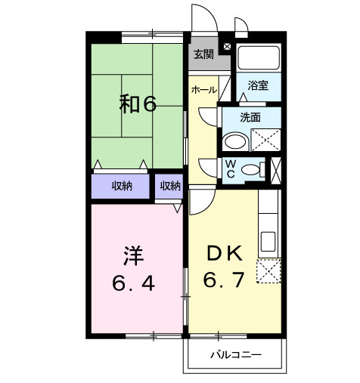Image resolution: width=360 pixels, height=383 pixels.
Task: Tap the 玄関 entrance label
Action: click(202, 54)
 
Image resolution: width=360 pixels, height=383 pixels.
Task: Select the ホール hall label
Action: click(203, 90)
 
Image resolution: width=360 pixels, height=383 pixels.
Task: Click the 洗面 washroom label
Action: click(250, 117)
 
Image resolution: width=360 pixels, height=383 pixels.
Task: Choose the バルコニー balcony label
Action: click(235, 354)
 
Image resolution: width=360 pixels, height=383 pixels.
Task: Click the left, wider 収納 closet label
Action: click(122, 186)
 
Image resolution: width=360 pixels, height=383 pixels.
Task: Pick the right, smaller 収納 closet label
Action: click(170, 186)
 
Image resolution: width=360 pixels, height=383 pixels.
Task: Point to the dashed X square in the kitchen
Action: click(269, 270)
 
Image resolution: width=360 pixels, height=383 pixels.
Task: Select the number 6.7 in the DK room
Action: click(223, 281)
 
